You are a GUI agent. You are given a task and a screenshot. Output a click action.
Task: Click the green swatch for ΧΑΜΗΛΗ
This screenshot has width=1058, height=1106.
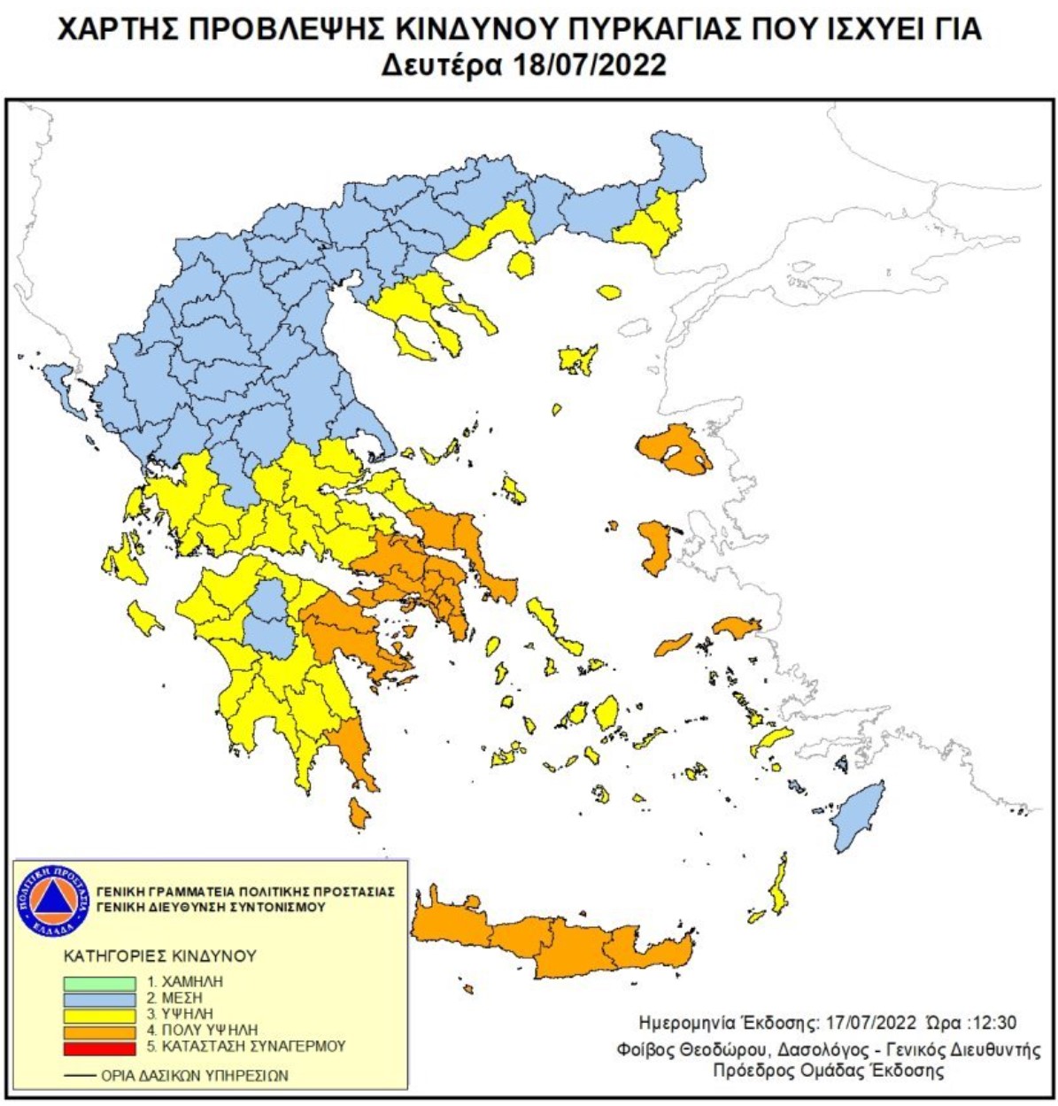click(99, 983)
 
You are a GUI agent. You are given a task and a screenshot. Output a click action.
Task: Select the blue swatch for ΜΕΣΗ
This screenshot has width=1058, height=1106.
click(99, 999)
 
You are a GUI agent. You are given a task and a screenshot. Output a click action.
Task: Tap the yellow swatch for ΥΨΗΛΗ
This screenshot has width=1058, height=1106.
click(99, 1015)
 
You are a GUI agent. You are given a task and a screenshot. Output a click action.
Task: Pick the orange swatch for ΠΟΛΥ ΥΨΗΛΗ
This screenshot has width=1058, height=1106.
click(99, 1031)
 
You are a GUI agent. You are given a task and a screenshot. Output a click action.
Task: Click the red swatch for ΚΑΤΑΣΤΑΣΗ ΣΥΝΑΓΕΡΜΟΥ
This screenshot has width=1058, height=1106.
click(99, 1048)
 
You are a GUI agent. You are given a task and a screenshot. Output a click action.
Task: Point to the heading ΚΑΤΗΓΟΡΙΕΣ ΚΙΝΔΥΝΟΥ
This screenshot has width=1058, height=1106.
click(160, 956)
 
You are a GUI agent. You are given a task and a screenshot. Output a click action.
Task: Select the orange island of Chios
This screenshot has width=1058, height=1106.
click(656, 547)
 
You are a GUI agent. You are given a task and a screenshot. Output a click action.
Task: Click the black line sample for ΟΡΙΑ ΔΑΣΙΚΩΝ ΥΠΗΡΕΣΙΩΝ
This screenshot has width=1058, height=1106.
click(81, 1076)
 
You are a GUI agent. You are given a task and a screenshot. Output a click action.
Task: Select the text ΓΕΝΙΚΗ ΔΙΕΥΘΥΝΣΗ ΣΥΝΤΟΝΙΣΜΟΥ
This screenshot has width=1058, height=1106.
click(211, 908)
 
